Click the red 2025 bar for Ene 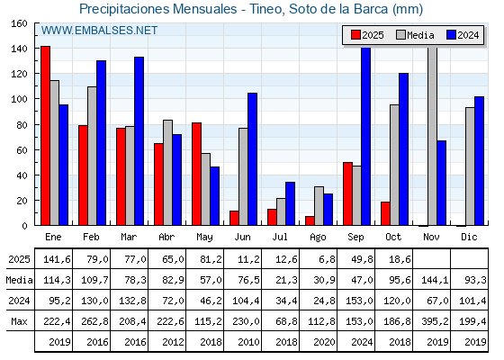pyautogui.click(x=45, y=135)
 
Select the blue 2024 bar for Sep pyautogui.click(x=366, y=135)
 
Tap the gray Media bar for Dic pyautogui.click(x=470, y=166)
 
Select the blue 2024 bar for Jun pyautogui.click(x=253, y=159)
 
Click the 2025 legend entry pyautogui.click(x=367, y=35)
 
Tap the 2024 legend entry pyautogui.click(x=464, y=35)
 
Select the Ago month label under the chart pyautogui.click(x=319, y=236)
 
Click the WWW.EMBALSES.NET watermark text pyautogui.click(x=99, y=31)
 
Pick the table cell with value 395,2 pyautogui.click(x=432, y=321)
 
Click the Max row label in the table pyautogui.click(x=17, y=321)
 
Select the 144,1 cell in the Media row pyautogui.click(x=432, y=280)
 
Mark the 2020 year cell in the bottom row pyautogui.click(x=319, y=342)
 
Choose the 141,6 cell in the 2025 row pyautogui.click(x=55, y=259)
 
